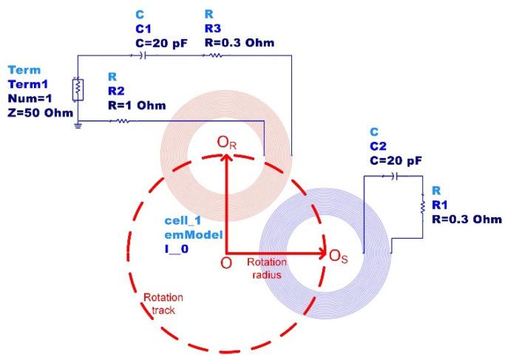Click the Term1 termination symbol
click(78, 88)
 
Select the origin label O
click(226, 262)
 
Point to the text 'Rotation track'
click(163, 303)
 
